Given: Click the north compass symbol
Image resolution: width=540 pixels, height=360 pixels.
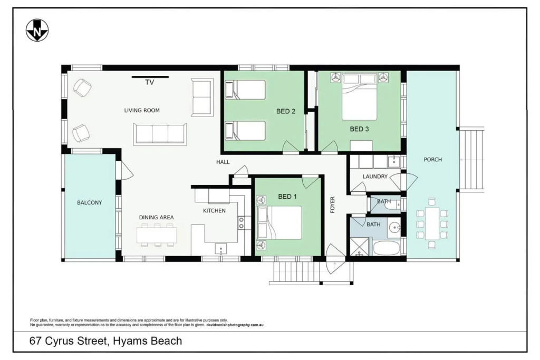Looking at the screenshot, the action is pyautogui.click(x=37, y=30).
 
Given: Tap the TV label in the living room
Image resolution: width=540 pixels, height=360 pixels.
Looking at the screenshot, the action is pyautogui.click(x=149, y=82).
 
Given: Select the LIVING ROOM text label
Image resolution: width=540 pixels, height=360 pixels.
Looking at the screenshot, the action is pyautogui.click(x=142, y=111).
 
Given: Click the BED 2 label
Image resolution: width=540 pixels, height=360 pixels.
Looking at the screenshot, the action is pyautogui.click(x=286, y=111).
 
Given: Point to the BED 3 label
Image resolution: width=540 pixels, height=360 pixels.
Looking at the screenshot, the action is pyautogui.click(x=359, y=129).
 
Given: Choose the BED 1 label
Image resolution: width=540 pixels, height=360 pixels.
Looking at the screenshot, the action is pyautogui.click(x=287, y=197).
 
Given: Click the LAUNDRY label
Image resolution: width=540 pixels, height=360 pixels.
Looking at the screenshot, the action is pyautogui.click(x=375, y=177).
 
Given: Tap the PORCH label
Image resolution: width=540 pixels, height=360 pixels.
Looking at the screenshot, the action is pyautogui.click(x=433, y=159).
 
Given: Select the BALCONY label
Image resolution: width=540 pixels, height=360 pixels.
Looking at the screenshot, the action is pyautogui.click(x=90, y=203).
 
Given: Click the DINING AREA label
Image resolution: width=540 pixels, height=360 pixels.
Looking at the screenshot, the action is pyautogui.click(x=156, y=218).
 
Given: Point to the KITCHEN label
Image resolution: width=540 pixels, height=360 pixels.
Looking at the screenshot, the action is pyautogui.click(x=214, y=211).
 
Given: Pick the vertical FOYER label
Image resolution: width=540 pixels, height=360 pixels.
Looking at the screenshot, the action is pyautogui.click(x=333, y=205).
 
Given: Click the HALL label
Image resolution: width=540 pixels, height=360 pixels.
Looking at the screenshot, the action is pyautogui.click(x=223, y=162).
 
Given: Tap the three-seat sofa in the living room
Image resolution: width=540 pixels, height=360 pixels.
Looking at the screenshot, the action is pyautogui.click(x=160, y=134).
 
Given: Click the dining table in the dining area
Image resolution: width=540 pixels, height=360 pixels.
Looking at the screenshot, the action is pyautogui.click(x=157, y=236).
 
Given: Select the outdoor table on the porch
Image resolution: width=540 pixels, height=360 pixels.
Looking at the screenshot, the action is pyautogui.click(x=432, y=223).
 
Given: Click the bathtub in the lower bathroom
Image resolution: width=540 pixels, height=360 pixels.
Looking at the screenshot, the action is pyautogui.click(x=386, y=248).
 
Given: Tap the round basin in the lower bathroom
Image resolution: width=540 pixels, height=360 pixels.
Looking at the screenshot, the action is pyautogui.click(x=394, y=228).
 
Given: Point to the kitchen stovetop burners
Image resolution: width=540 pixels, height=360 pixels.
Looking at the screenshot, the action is pyautogui.click(x=242, y=222).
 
